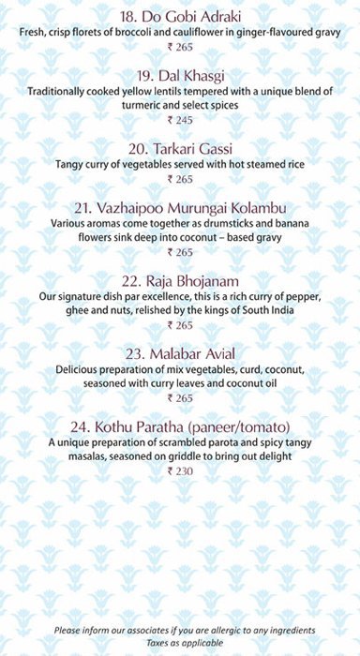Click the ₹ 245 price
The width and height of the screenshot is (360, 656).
[180, 120]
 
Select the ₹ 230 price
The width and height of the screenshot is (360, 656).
[180, 470]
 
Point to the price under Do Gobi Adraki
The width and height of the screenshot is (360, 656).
[180, 48]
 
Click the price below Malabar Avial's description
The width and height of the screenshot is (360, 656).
[180, 397]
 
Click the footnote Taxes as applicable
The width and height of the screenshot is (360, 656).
[180, 644]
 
